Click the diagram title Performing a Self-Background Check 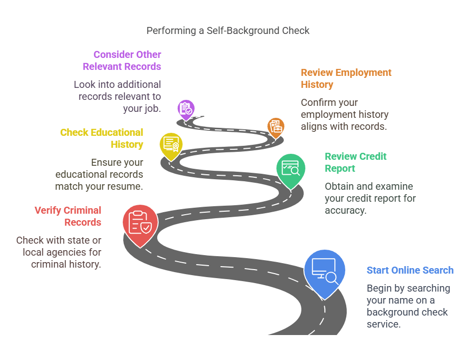tap(228, 30)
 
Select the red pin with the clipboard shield tap(140, 223)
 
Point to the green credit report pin tap(291, 168)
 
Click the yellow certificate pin tap(171, 145)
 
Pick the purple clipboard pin tap(186, 108)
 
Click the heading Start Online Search tap(410, 270)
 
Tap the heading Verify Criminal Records tap(68, 216)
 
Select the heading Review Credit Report tap(355, 162)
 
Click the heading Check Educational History tap(102, 138)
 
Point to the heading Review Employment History tap(346, 78)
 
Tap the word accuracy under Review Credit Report tap(345, 210)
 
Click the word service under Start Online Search tap(384, 324)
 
